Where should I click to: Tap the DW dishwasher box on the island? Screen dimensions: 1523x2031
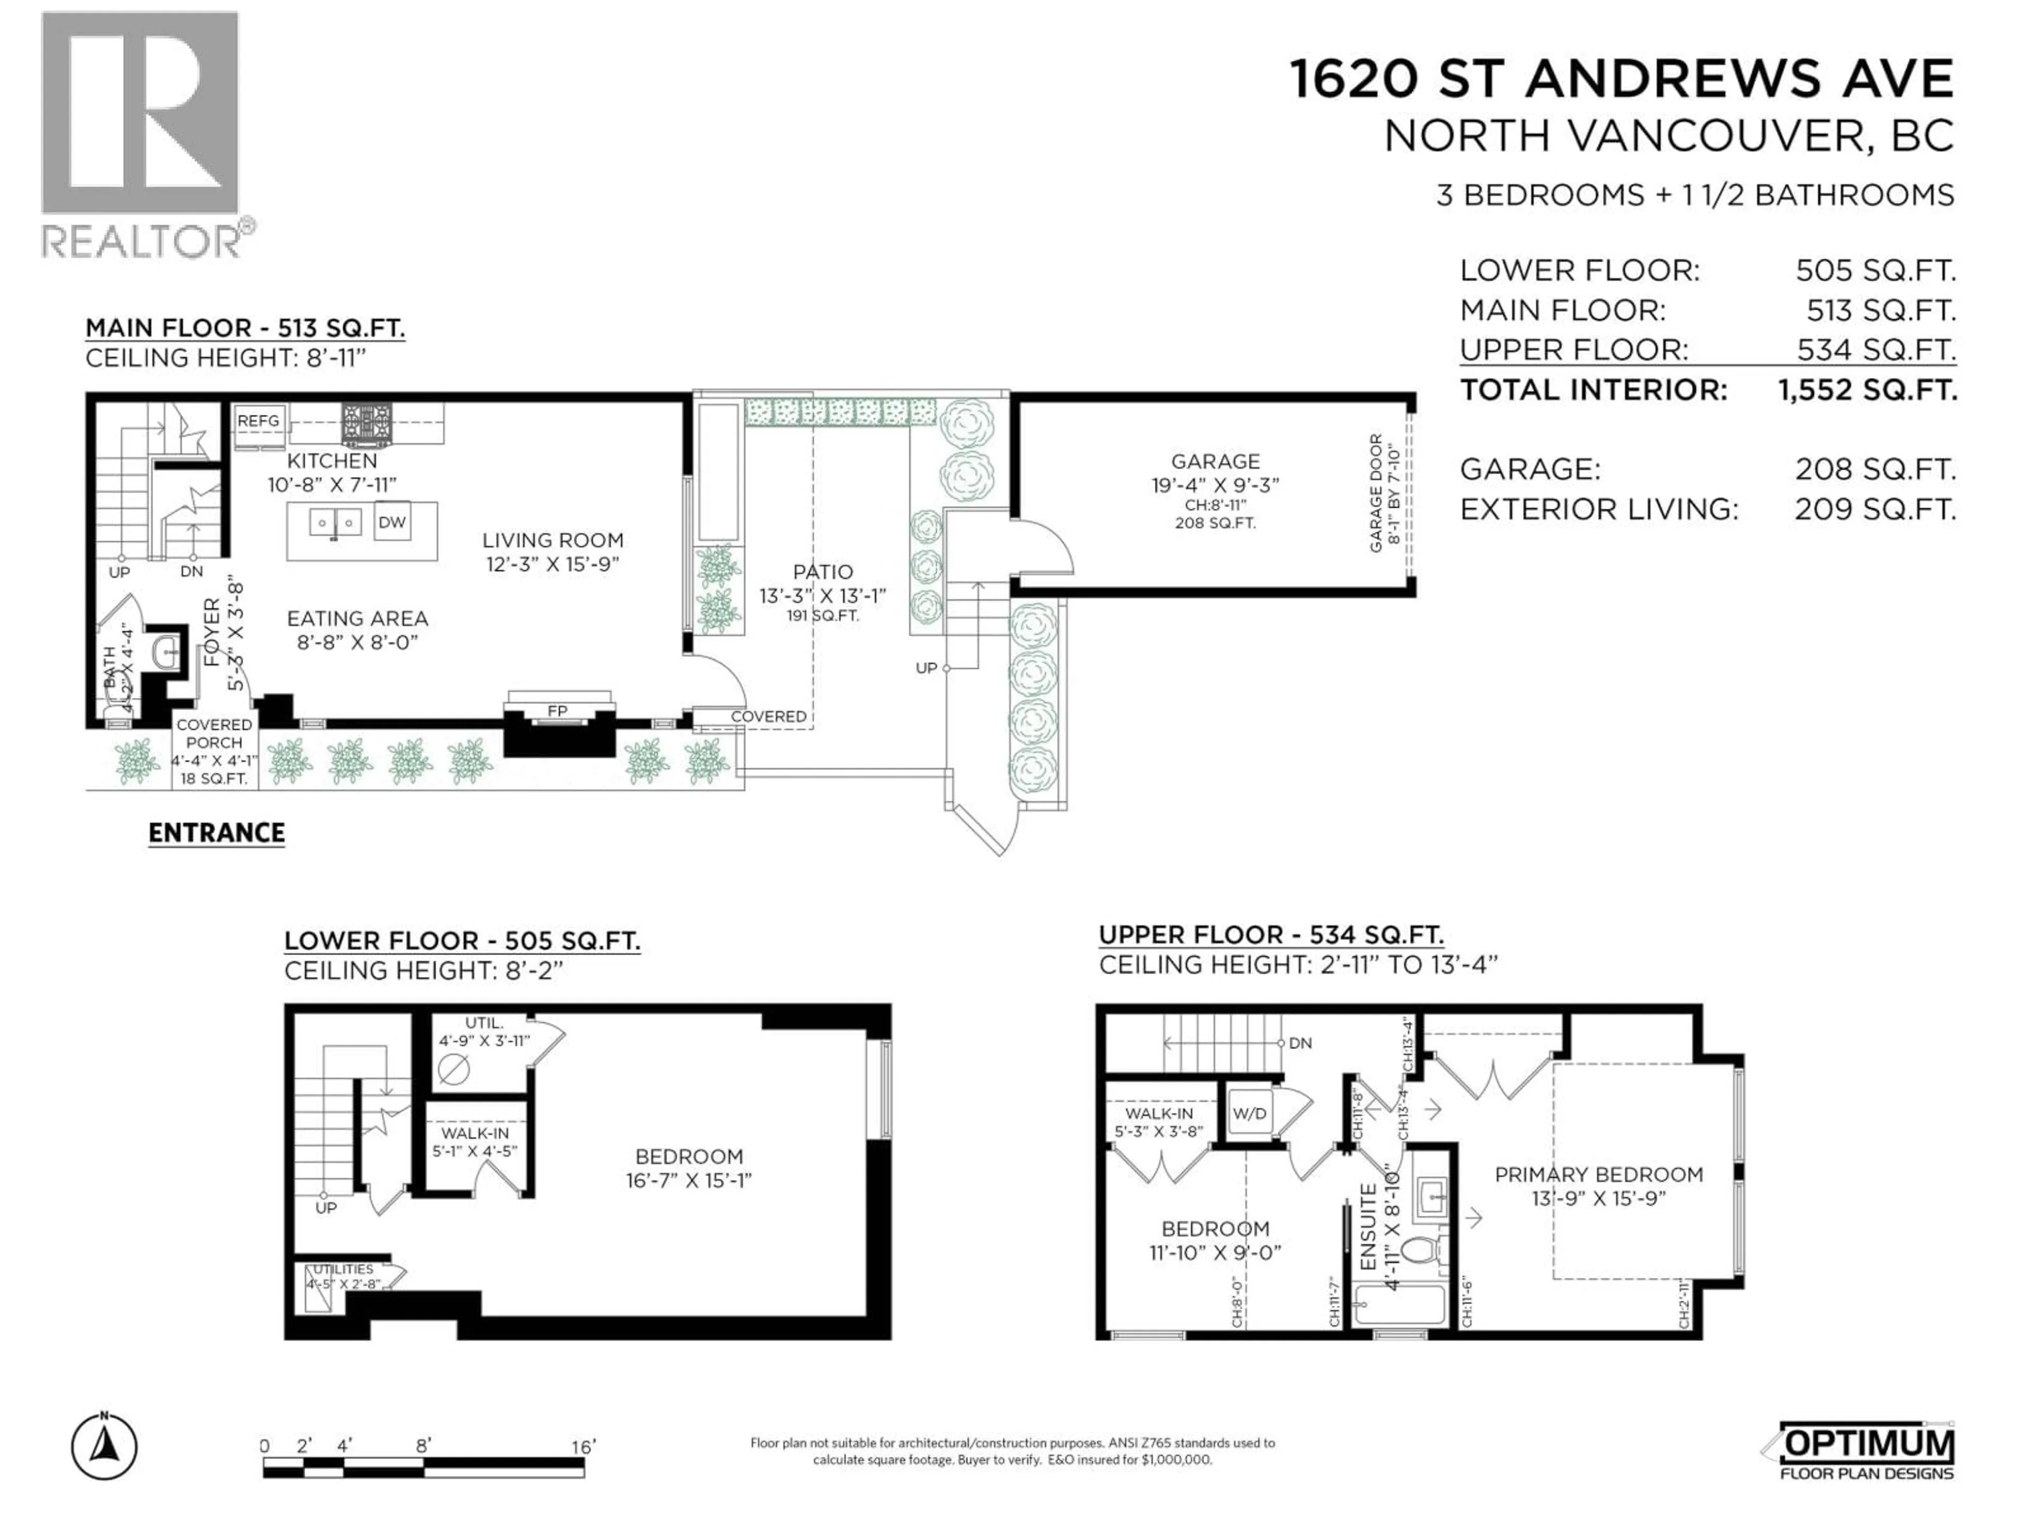point(392,522)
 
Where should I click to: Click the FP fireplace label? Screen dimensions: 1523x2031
point(557,711)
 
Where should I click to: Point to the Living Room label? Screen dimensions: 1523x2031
point(553,540)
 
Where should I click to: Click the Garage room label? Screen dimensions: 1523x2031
point(1215,462)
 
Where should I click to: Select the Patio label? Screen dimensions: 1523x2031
point(822,572)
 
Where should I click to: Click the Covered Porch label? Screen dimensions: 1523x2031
point(214,733)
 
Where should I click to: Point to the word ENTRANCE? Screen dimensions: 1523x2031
point(217,833)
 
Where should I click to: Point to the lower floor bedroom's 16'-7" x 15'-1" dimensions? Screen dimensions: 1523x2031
point(689,1180)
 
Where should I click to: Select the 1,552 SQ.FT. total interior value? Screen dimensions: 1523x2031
point(1867,390)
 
